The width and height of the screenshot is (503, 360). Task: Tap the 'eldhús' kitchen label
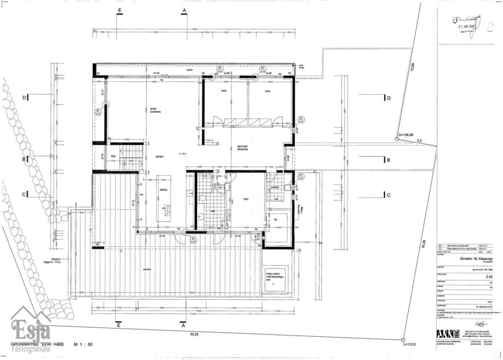(x=164, y=189)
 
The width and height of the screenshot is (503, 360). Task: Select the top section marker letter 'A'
(x=184, y=11)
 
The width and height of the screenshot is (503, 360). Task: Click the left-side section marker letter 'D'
(x=24, y=98)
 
